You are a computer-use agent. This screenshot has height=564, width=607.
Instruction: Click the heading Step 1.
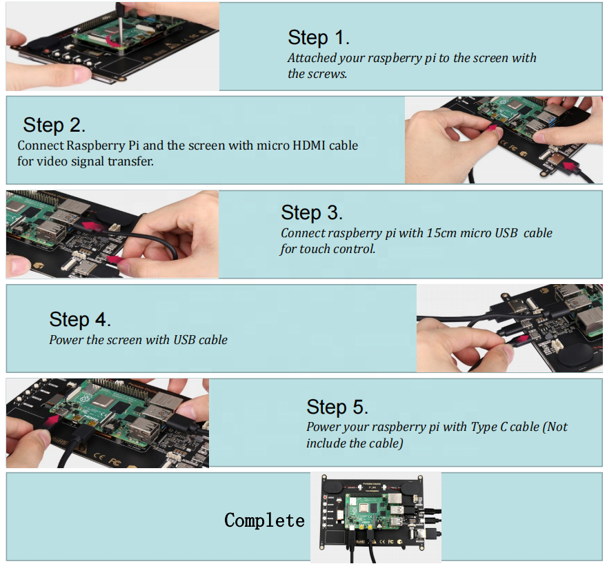[x=319, y=37]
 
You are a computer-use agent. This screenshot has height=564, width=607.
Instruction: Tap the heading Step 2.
[x=54, y=125]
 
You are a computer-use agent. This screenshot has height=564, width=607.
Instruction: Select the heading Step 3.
[x=312, y=212]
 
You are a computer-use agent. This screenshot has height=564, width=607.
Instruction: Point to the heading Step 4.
[x=80, y=320]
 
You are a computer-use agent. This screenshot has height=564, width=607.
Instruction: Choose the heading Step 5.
[x=337, y=407]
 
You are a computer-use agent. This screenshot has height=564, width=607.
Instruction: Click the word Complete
[x=264, y=521]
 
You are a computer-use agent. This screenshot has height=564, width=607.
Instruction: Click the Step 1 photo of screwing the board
[x=112, y=46]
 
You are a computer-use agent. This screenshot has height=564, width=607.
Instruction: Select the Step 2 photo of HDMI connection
[x=503, y=140]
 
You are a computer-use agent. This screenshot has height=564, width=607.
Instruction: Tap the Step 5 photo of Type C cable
[x=107, y=423]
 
